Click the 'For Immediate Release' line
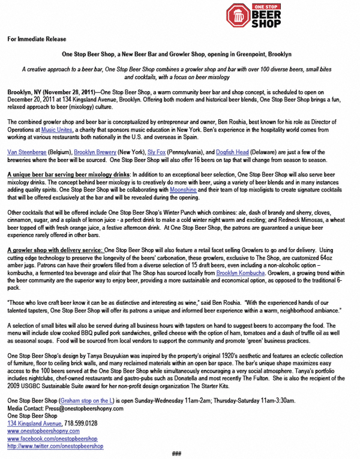click(37, 39)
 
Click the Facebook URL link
click(52, 439)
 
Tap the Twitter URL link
click(55, 446)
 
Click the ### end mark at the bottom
click(176, 454)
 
